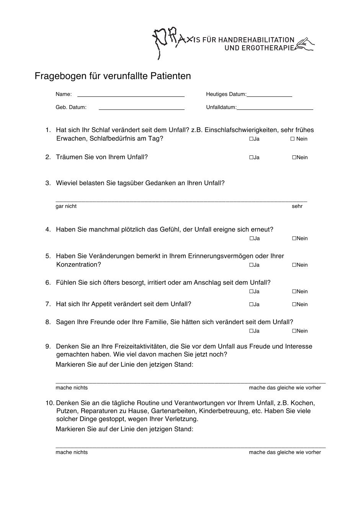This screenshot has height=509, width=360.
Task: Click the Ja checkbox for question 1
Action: click(x=251, y=139)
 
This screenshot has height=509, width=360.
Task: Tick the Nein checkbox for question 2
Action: click(x=294, y=157)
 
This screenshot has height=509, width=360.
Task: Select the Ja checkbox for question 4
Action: click(x=251, y=238)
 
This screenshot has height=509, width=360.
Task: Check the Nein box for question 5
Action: click(x=294, y=265)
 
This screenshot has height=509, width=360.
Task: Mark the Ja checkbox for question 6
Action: click(x=251, y=291)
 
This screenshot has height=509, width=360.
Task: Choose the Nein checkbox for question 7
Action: click(x=294, y=305)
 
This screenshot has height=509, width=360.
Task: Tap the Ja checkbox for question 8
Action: click(x=251, y=331)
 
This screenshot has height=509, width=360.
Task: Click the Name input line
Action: click(x=131, y=95)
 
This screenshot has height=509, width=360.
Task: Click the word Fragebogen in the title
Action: click(x=59, y=76)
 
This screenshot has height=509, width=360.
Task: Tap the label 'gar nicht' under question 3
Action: click(x=66, y=206)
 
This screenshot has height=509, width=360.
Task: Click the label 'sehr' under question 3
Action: click(x=297, y=206)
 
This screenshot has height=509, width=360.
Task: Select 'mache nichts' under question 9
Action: click(x=72, y=388)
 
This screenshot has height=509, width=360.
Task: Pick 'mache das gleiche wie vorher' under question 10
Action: click(x=285, y=452)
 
